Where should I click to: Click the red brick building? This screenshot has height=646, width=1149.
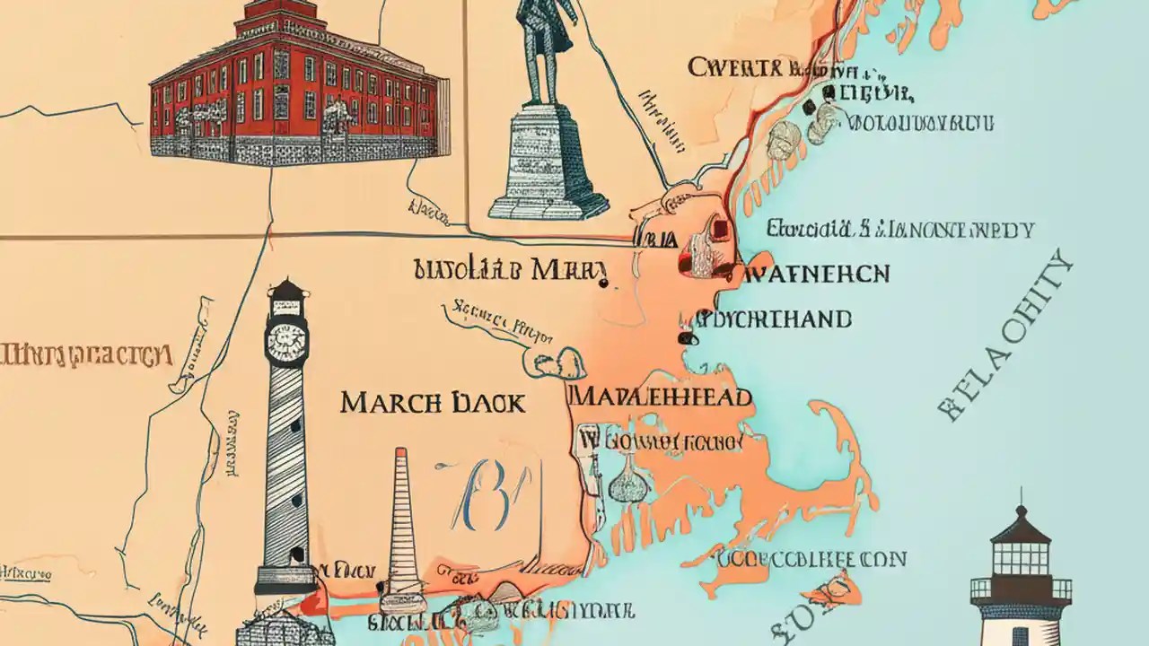click(x=296, y=99)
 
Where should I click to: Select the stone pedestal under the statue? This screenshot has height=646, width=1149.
click(x=545, y=161)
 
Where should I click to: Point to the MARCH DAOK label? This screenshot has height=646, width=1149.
click(x=432, y=403)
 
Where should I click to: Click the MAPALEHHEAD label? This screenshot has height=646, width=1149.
click(x=662, y=397)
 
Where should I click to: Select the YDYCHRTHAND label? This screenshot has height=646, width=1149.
click(x=776, y=319)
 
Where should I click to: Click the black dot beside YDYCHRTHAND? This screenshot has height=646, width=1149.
click(x=687, y=339)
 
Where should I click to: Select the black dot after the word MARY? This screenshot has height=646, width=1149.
click(x=603, y=284)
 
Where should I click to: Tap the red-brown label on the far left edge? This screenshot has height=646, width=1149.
click(x=85, y=354)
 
